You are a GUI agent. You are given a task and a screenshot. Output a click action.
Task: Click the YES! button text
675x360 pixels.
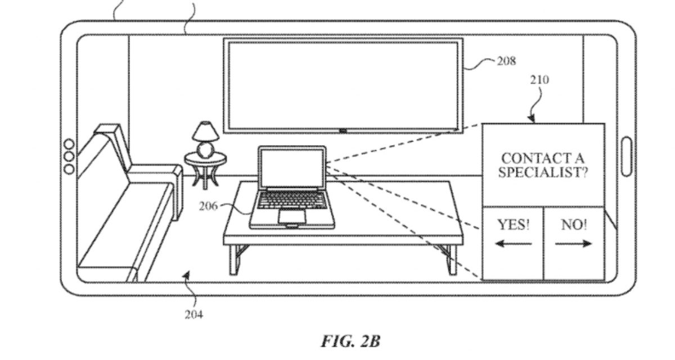pyautogui.click(x=514, y=226)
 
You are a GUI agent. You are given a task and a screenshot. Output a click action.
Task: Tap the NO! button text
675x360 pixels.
pyautogui.click(x=574, y=226)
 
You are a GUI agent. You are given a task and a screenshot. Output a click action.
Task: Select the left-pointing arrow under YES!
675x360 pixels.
pyautogui.click(x=514, y=244)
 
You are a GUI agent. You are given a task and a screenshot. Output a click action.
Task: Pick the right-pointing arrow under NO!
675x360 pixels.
pyautogui.click(x=574, y=244)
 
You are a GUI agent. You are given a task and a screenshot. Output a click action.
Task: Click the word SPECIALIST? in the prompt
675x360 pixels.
pyautogui.click(x=543, y=172)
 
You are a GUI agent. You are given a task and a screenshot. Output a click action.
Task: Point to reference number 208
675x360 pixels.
pyautogui.click(x=506, y=61)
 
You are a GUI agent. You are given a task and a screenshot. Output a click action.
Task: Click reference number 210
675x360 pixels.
pyautogui.click(x=539, y=80)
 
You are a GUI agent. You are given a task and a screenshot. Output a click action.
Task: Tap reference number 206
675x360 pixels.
pyautogui.click(x=208, y=206)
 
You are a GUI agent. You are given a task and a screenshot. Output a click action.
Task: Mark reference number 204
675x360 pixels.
pyautogui.click(x=193, y=314)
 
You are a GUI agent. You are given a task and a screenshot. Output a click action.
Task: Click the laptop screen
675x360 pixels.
pyautogui.click(x=292, y=168)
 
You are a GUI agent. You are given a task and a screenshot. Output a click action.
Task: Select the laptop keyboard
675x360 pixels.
pyautogui.click(x=292, y=199)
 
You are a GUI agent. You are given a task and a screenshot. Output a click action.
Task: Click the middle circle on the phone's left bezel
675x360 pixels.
pyautogui.click(x=69, y=156)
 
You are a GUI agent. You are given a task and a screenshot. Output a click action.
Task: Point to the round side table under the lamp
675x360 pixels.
pyautogui.click(x=205, y=160)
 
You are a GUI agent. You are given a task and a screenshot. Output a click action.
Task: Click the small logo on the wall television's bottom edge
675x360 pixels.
pyautogui.click(x=343, y=131)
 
